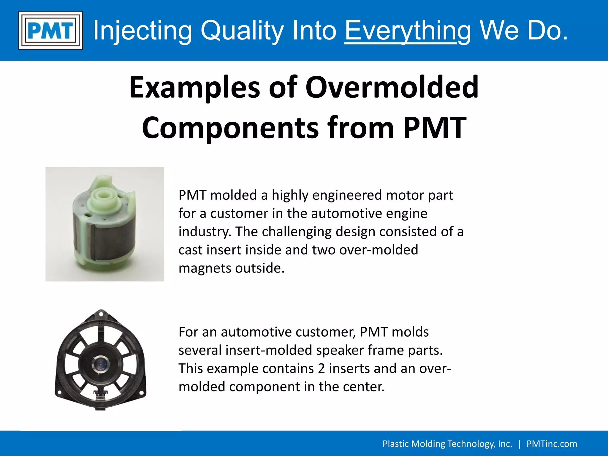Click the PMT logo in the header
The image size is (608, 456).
(50, 30)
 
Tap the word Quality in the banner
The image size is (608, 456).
(242, 30)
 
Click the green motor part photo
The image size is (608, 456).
(104, 224)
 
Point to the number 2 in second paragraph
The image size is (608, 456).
(322, 368)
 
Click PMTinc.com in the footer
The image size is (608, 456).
(552, 444)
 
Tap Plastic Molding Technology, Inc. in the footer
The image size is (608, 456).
(447, 444)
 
